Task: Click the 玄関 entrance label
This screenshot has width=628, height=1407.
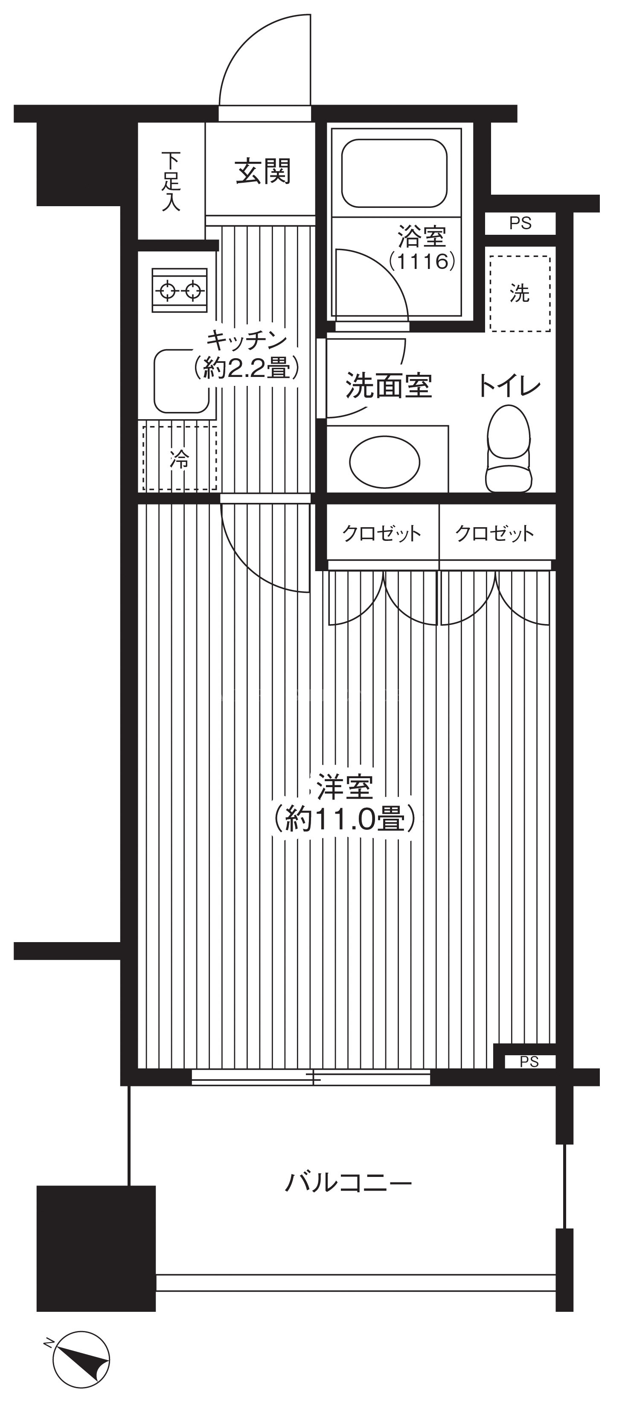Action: pos(263,172)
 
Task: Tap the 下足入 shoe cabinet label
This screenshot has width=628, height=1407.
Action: pos(171,181)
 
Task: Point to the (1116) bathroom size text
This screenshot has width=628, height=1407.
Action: pos(422,262)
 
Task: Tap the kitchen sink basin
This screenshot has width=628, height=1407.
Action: pos(181,381)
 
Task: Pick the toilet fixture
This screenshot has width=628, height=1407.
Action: pos(509,448)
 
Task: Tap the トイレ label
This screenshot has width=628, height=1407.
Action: pos(509,385)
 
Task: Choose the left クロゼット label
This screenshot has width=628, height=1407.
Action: pos(382,533)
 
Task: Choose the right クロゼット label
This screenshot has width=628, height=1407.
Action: pos(495,533)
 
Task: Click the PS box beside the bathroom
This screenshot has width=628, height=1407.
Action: pos(520,223)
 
